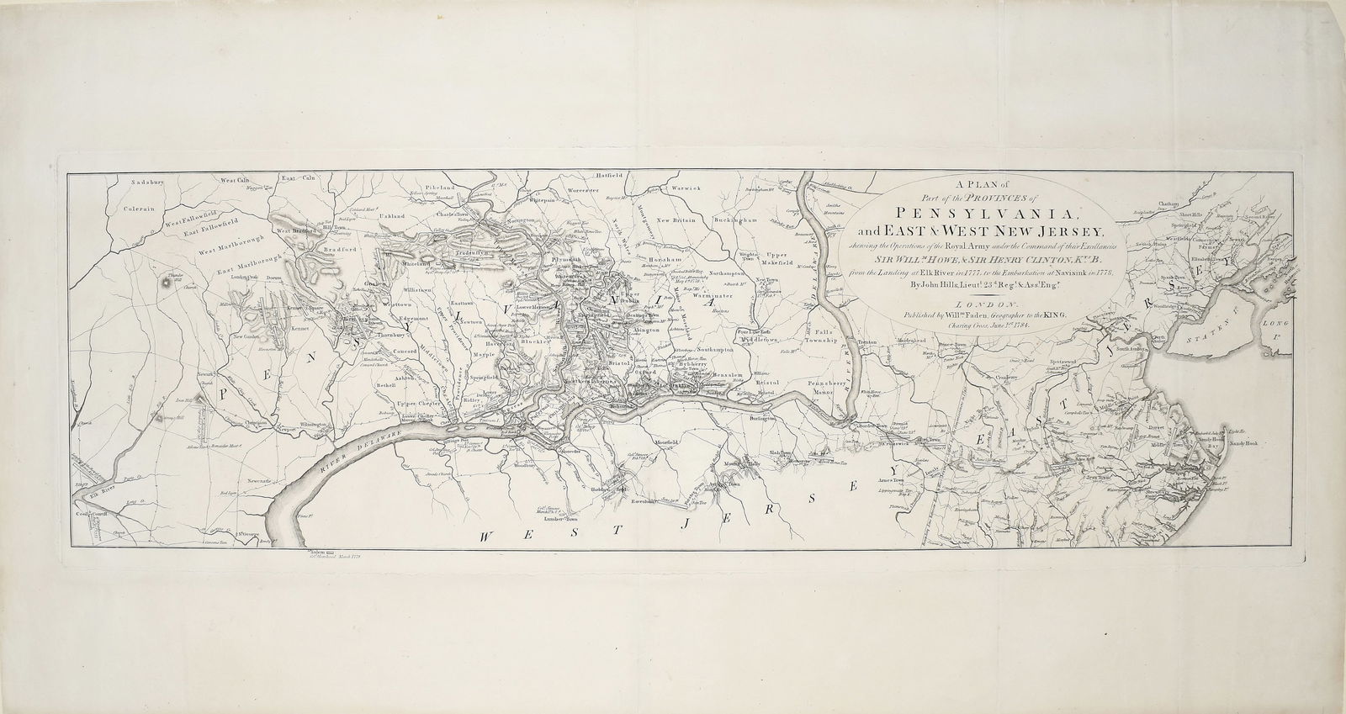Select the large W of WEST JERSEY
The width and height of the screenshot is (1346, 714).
point(489,536)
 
